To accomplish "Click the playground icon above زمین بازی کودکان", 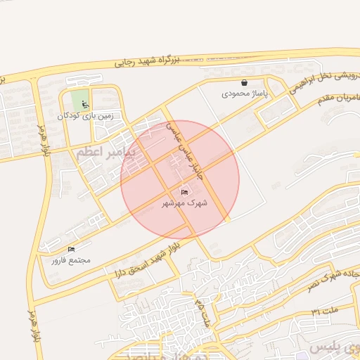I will click(x=86, y=105).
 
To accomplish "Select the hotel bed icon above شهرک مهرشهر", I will click(x=185, y=192).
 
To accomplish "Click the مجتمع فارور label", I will click(x=71, y=260).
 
